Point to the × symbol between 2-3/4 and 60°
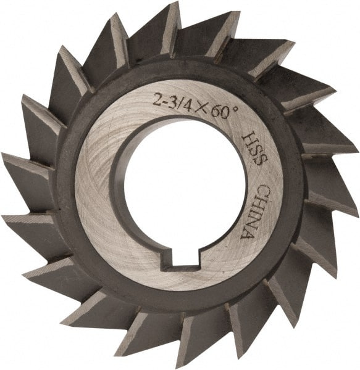coord(188,100)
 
